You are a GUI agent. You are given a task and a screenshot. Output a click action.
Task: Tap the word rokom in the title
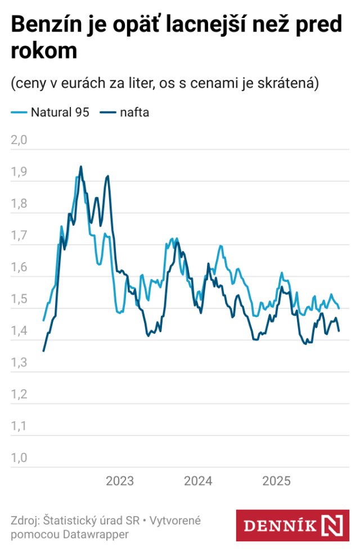point(43,50)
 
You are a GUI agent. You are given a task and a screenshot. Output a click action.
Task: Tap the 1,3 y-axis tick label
point(19,363)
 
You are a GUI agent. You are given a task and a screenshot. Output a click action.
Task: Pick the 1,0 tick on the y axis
point(19,458)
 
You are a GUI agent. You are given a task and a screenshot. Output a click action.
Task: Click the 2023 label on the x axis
point(120,481)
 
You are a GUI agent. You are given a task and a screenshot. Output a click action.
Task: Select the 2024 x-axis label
point(198,481)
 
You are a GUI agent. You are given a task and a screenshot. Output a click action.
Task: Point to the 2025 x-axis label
point(276,481)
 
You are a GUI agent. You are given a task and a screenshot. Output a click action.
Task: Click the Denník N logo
point(292,526)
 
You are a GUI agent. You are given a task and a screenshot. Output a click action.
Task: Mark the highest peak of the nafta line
point(81,167)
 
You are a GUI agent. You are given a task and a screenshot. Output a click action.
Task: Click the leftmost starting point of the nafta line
point(44,351)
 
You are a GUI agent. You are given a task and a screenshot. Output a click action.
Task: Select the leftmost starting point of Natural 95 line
point(44,320)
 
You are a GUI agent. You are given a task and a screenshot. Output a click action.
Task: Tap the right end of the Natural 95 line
point(339,308)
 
